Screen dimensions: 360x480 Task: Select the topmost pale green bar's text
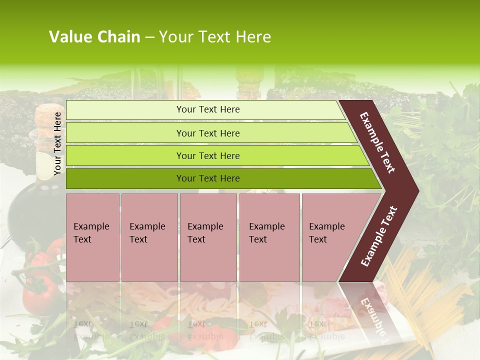[x=208, y=109]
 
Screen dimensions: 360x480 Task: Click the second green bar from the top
[x=208, y=133]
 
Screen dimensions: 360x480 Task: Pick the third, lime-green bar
[x=208, y=155]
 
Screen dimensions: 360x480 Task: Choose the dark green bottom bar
[x=208, y=178]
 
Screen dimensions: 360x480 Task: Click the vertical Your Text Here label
[x=57, y=143]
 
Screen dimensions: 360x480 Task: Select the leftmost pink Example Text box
[x=92, y=237]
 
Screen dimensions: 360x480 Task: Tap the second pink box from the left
[x=149, y=237]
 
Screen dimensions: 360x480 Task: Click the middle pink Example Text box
[x=208, y=237]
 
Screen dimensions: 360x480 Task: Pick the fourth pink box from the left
[x=269, y=237]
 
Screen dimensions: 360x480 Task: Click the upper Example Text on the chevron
[x=377, y=142]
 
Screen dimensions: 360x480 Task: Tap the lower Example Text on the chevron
[x=379, y=236]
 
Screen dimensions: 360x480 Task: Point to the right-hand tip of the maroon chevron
[x=417, y=190]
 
